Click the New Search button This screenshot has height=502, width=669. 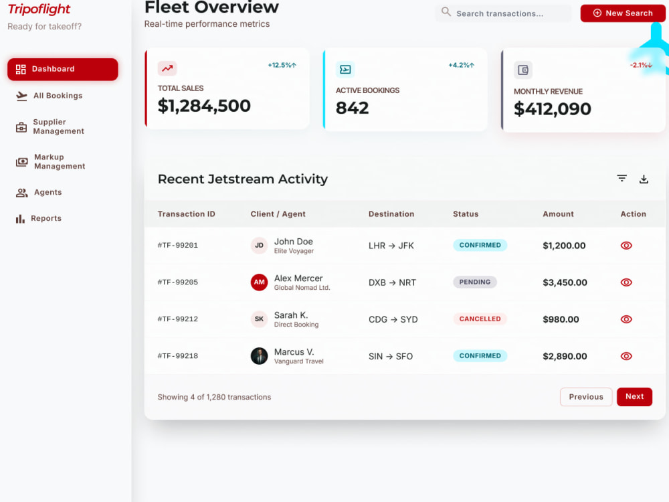click(622, 13)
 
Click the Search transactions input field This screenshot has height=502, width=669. click(504, 13)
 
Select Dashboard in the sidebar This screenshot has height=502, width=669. click(63, 69)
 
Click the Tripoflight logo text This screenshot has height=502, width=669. click(39, 9)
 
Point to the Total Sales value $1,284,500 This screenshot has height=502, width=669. click(204, 106)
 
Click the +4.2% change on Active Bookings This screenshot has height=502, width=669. click(461, 66)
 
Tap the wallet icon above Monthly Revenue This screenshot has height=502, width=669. click(523, 70)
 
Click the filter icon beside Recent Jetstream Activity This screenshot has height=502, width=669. click(622, 179)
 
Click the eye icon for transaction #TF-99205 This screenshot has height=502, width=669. click(626, 282)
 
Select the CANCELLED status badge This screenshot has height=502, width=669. click(480, 319)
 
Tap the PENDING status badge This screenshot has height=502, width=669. click(475, 282)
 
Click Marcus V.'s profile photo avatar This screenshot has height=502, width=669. click(259, 356)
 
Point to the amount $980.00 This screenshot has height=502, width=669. click(561, 319)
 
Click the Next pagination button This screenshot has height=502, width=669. click(634, 397)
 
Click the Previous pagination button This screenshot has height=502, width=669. click(586, 397)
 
